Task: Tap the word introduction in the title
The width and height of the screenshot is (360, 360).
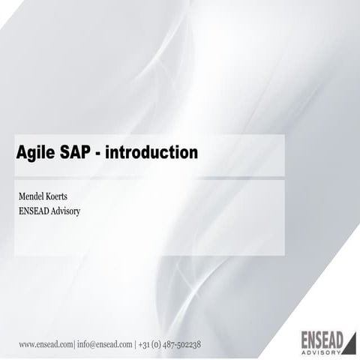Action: (x=153, y=154)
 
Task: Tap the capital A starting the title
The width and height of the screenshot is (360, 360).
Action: (x=22, y=154)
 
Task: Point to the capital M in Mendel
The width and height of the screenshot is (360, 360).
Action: (x=22, y=196)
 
